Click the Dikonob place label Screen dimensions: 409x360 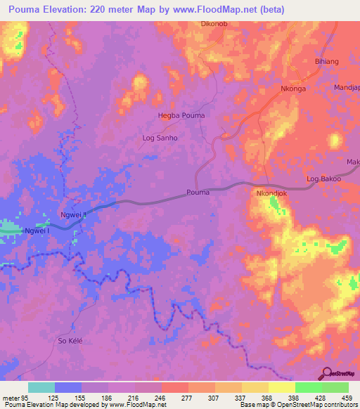click(x=213, y=24)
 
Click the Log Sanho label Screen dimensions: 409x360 click(x=160, y=138)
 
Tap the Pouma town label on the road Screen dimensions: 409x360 click(x=199, y=192)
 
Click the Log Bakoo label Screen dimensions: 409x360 click(x=324, y=179)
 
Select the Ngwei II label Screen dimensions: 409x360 click(x=73, y=216)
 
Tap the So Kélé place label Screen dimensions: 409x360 click(x=70, y=341)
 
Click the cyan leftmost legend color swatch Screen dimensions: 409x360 click(x=41, y=387)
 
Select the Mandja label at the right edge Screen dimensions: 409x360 click(x=348, y=88)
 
